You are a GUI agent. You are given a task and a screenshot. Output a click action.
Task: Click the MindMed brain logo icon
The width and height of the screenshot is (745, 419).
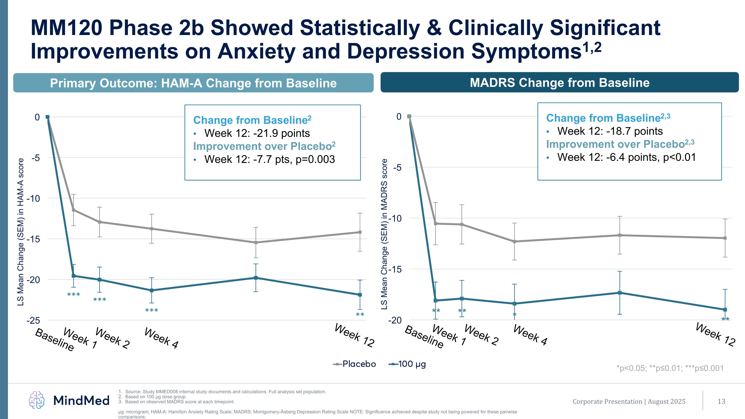(37, 400)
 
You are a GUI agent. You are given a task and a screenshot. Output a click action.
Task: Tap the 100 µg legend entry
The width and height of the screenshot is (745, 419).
(408, 364)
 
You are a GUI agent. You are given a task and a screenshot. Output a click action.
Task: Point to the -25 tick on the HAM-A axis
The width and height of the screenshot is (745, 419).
(33, 320)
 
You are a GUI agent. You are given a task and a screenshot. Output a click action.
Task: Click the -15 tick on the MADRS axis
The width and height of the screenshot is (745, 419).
(395, 269)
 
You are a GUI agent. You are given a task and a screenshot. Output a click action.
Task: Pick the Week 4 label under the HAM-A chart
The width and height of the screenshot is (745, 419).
(161, 338)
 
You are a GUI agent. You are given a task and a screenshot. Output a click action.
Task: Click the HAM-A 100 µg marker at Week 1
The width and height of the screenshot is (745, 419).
(74, 276)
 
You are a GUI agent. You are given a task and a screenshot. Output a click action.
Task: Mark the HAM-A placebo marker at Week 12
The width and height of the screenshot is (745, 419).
(360, 232)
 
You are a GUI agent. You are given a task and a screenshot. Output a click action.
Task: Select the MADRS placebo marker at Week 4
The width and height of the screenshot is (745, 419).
(515, 241)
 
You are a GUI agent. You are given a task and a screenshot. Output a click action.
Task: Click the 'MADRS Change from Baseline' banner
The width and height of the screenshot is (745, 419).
(559, 83)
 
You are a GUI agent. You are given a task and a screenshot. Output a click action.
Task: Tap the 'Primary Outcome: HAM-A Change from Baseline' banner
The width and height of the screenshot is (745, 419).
(193, 83)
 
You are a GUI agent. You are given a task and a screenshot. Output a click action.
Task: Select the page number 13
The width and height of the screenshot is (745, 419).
(721, 401)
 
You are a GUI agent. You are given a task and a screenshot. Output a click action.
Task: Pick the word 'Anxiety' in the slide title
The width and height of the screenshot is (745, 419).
(257, 51)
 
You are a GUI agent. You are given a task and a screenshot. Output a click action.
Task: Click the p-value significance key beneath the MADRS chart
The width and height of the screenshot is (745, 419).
(670, 368)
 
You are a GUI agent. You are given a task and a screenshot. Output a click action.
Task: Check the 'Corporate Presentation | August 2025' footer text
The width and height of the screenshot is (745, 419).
(629, 401)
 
